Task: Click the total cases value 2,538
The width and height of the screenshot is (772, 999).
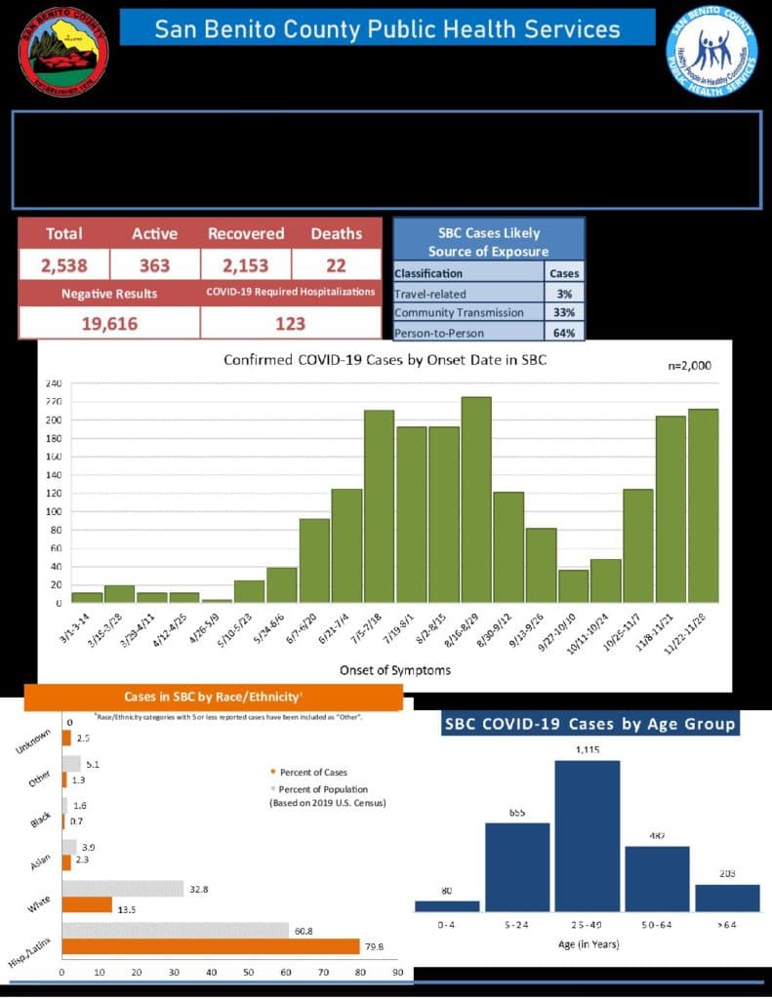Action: pyautogui.click(x=63, y=264)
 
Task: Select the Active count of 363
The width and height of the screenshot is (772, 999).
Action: pyautogui.click(x=154, y=264)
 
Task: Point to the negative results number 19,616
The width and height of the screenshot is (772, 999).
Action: pyautogui.click(x=108, y=323)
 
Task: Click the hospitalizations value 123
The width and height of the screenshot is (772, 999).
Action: pyautogui.click(x=290, y=323)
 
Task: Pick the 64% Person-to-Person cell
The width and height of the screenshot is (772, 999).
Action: pyautogui.click(x=565, y=332)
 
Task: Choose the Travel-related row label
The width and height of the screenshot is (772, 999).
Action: pyautogui.click(x=430, y=293)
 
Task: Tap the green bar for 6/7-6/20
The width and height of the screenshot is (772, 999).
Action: pyautogui.click(x=314, y=560)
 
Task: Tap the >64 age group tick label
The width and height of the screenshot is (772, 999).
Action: pyautogui.click(x=726, y=924)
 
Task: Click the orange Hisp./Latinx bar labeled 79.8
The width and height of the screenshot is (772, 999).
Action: pyautogui.click(x=210, y=946)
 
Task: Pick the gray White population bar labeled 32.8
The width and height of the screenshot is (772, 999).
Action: pyautogui.click(x=123, y=889)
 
